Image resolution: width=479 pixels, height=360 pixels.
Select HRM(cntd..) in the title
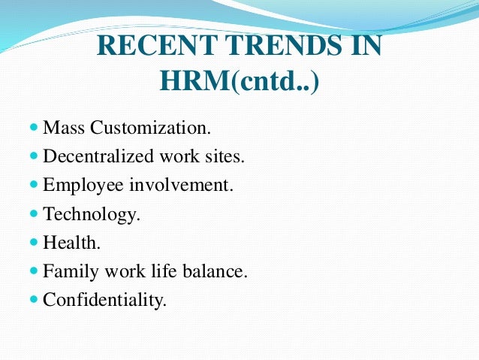click(x=240, y=80)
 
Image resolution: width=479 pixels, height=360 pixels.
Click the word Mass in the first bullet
click(x=64, y=128)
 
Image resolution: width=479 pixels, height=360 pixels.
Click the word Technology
click(x=91, y=214)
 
